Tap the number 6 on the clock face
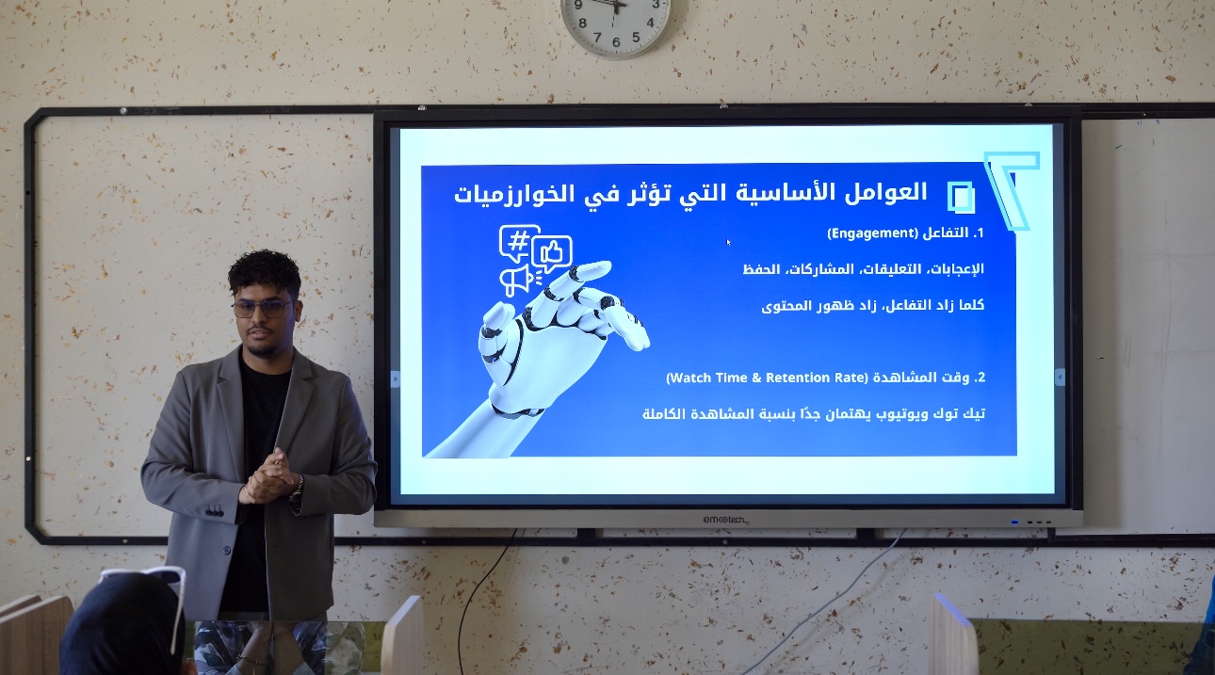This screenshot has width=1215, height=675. (x=616, y=42)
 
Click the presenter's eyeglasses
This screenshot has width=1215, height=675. (x=263, y=309)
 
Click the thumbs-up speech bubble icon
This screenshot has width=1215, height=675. (x=552, y=253)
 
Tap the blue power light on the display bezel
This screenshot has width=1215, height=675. (x=1014, y=522)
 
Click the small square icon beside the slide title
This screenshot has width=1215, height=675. (x=961, y=196)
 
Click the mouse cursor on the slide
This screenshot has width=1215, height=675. (x=728, y=242)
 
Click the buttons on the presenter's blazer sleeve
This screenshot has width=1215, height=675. (x=214, y=511)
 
